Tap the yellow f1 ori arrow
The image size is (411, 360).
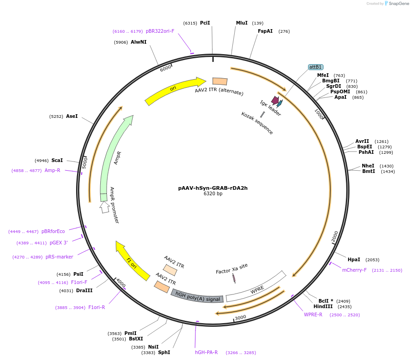pyautogui.click(x=132, y=261)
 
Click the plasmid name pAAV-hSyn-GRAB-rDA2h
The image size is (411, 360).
pyautogui.click(x=213, y=188)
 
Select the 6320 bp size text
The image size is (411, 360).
pyautogui.click(x=213, y=193)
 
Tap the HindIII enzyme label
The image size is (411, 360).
pyautogui.click(x=323, y=306)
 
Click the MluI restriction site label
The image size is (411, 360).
pyautogui.click(x=241, y=23)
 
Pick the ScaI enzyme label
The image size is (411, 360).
pyautogui.click(x=57, y=160)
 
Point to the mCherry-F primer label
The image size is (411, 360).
pyautogui.click(x=354, y=270)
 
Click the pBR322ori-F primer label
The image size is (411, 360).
pyautogui.click(x=160, y=31)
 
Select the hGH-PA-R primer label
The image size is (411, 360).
pyautogui.click(x=206, y=352)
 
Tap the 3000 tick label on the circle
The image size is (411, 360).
pyautogui.click(x=240, y=317)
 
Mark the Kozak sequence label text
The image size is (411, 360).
pyautogui.click(x=257, y=123)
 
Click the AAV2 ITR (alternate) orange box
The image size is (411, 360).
pyautogui.click(x=220, y=81)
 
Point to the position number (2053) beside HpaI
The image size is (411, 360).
pyautogui.click(x=372, y=259)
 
